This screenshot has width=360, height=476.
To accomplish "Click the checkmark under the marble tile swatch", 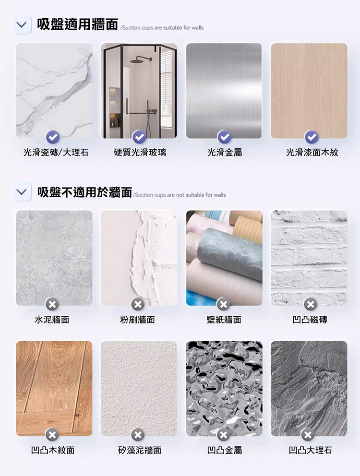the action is click(x=53, y=137).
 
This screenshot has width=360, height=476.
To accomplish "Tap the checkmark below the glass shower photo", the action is click(x=139, y=137).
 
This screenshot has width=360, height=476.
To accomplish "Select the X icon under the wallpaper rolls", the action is click(x=223, y=304).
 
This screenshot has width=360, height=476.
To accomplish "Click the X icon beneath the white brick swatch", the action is click(x=311, y=304).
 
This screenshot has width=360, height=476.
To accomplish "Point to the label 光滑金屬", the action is click(x=225, y=153).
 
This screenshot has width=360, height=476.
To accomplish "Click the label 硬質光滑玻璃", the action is click(x=140, y=153).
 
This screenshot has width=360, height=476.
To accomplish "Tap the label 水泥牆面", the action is click(x=52, y=320).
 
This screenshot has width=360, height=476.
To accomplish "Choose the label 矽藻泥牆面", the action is click(x=140, y=450).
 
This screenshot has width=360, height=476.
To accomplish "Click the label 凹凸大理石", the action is click(x=310, y=450).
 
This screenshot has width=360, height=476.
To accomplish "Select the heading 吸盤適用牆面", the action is click(x=77, y=24).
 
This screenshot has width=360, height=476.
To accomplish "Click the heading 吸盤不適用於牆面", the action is click(x=85, y=192).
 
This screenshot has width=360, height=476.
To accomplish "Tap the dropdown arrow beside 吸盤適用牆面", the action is click(x=22, y=24).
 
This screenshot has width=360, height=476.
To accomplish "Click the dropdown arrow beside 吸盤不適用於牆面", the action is click(x=22, y=192).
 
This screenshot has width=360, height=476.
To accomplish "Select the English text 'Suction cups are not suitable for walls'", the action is click(x=180, y=195).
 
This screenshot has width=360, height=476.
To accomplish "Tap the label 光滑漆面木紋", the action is click(x=312, y=153).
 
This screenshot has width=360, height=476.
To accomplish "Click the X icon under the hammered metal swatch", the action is click(x=223, y=435).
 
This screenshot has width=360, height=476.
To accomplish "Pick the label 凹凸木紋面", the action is click(x=53, y=450).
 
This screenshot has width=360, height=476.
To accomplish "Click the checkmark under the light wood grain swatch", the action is click(x=312, y=137).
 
